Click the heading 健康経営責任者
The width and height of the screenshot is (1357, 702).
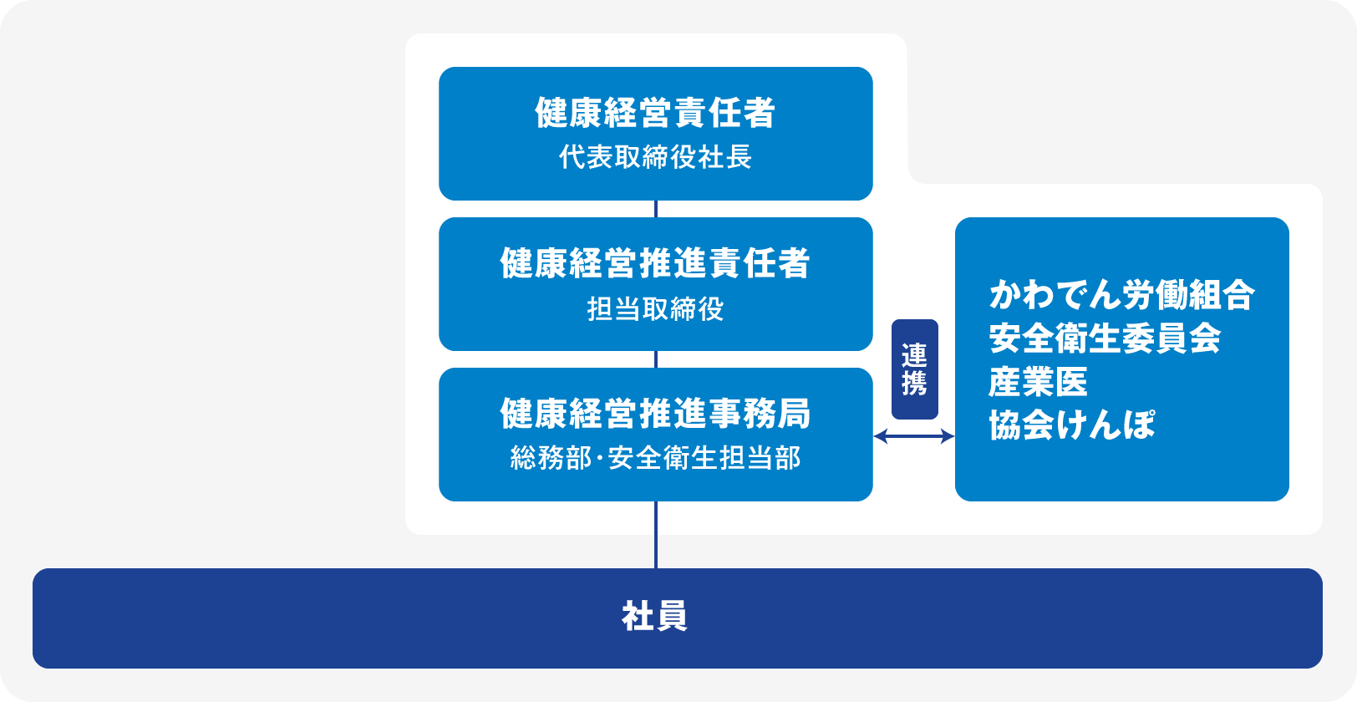[x=655, y=113]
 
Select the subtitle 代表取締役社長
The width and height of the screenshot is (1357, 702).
[x=655, y=157]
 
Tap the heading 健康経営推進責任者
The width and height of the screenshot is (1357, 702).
[x=655, y=263]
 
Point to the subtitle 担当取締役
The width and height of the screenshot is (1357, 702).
[x=655, y=309]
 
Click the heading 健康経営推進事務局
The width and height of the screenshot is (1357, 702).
[x=655, y=414]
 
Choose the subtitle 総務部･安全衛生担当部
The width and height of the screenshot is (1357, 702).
[x=655, y=458]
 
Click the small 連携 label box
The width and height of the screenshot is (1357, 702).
[x=915, y=369]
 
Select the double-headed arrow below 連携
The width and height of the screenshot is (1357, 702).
[x=913, y=436]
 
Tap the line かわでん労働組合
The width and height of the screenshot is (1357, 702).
[x=1121, y=295]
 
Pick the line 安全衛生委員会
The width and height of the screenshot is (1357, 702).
[x=1105, y=338]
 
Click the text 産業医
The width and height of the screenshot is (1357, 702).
[x=1038, y=382]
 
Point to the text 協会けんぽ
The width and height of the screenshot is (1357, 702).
[x=1072, y=425]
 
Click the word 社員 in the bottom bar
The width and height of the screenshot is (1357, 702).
[x=655, y=617]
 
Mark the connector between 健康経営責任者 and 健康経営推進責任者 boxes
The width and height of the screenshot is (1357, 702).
[x=656, y=209]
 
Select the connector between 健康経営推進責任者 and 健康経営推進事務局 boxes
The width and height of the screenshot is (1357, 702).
[x=656, y=359]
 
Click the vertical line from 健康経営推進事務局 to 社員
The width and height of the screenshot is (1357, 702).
[x=656, y=535]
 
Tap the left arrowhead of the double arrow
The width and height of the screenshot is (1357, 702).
[x=880, y=436]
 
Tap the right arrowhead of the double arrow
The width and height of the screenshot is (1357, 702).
[x=948, y=436]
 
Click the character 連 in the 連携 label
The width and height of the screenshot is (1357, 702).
[x=915, y=355]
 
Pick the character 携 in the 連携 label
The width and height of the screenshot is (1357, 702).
[x=915, y=383]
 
